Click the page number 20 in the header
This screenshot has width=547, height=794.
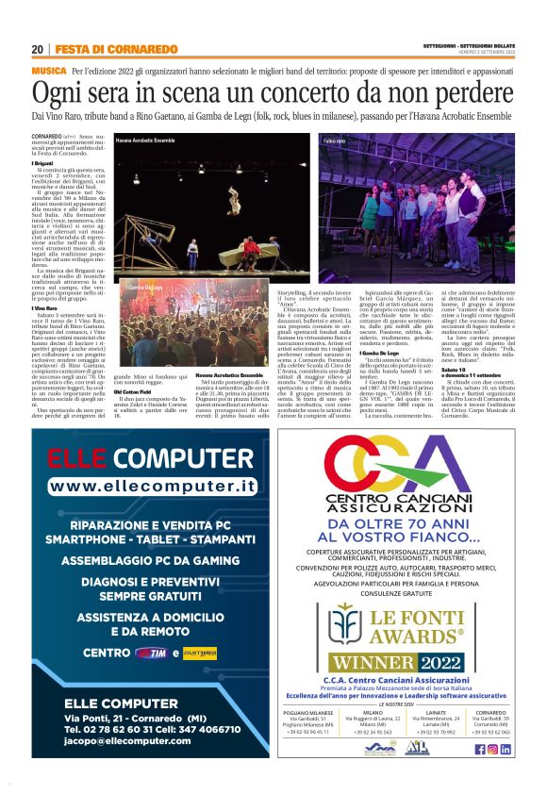pyautogui.click(x=37, y=49)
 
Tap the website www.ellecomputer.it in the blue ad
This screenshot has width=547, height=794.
pyautogui.click(x=153, y=486)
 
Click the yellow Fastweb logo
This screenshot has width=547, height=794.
pyautogui.click(x=200, y=652)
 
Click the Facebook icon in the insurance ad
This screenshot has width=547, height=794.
pyautogui.click(x=480, y=749)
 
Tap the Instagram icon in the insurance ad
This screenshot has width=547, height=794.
pyautogui.click(x=492, y=749)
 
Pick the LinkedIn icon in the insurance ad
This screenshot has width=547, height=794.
pyautogui.click(x=506, y=749)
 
